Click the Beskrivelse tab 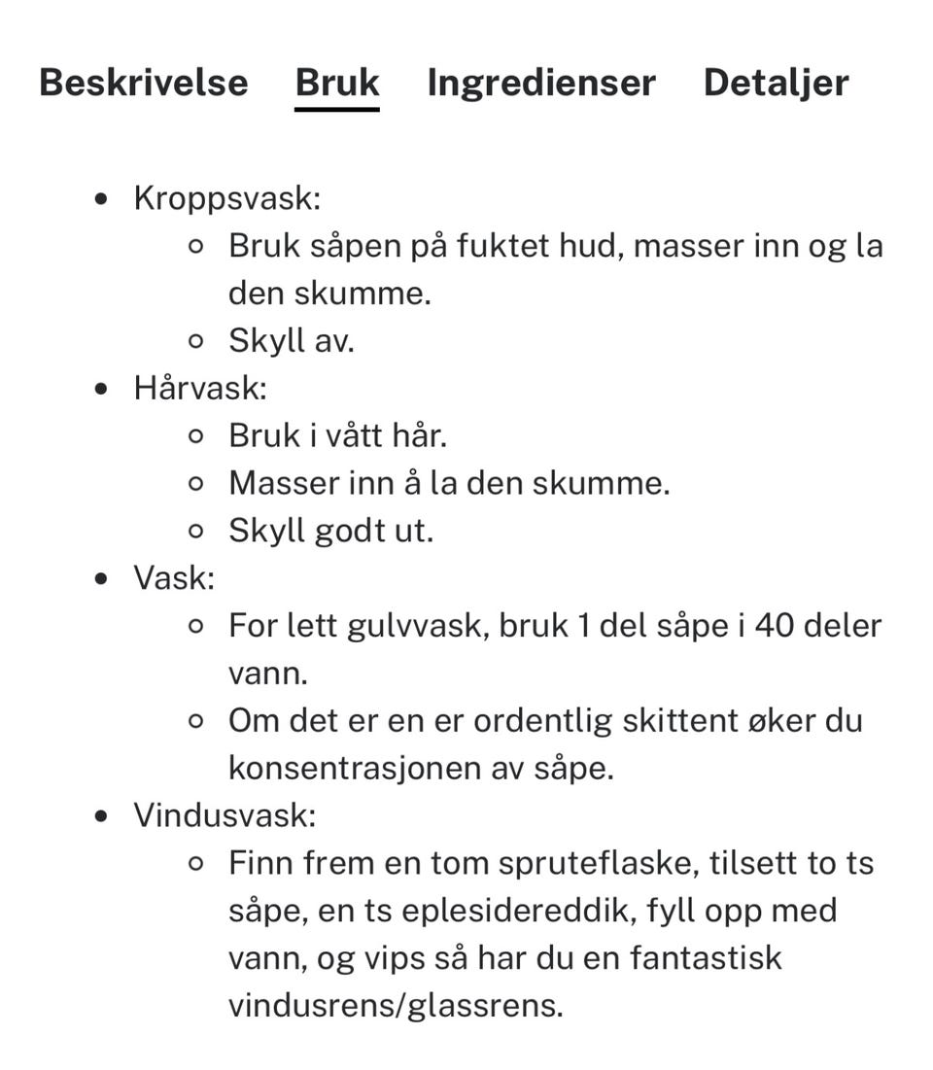pos(144,83)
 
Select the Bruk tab pos(337,83)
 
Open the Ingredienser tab pos(541,83)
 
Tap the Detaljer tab pos(776,83)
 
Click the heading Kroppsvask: pos(227,198)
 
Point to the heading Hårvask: pos(200,388)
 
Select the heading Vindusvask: pos(225,814)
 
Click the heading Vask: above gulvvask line pos(174,578)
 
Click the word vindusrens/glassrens pos(396,1005)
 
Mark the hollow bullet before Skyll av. pos(196,341)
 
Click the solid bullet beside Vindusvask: pos(103,815)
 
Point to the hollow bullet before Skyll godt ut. pos(196,532)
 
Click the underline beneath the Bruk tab pos(337,109)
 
